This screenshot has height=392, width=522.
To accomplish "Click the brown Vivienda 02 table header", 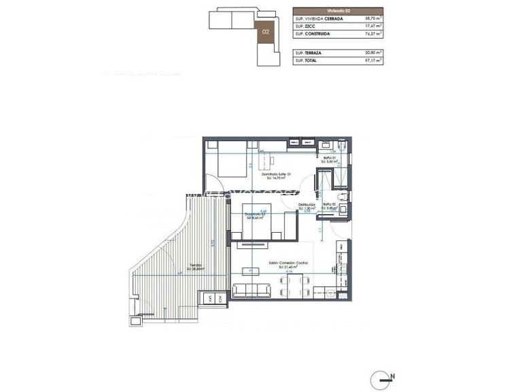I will (338, 11).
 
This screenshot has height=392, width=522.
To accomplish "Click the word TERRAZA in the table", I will (311, 52).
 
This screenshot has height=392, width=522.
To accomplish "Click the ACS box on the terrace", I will (222, 298).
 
